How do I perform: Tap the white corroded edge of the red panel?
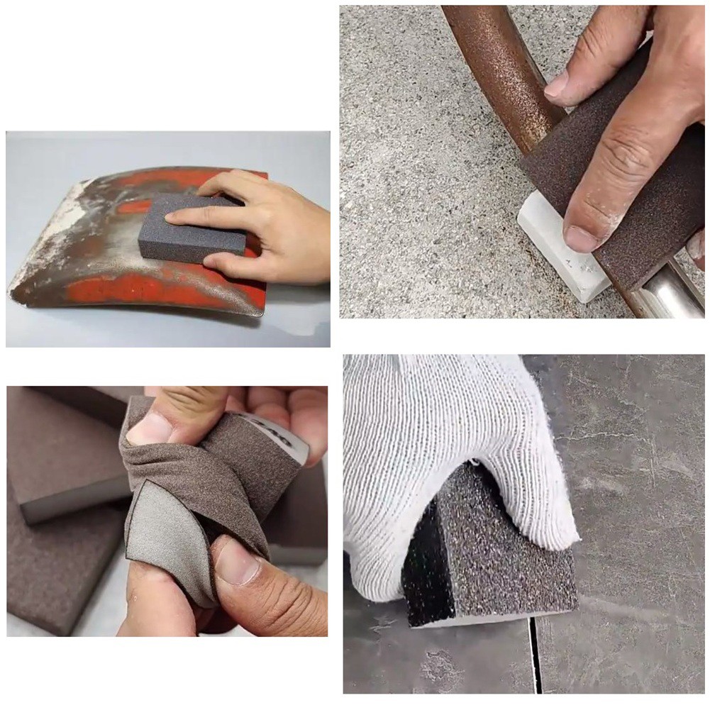point(43,241)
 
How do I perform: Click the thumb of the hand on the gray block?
point(227,264)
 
